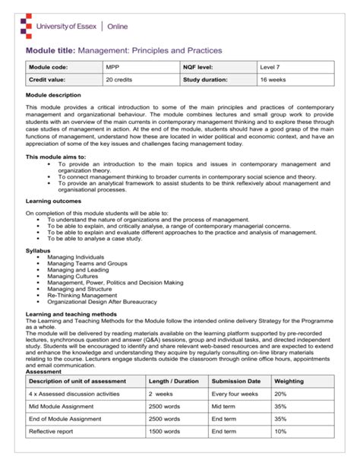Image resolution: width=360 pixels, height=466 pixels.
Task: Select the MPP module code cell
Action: pos(113,68)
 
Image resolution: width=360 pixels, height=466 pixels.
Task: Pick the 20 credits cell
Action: pos(119,79)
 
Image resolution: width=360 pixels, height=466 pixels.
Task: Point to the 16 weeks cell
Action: pos(273,79)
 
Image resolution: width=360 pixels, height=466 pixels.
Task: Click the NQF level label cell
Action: pos(201,68)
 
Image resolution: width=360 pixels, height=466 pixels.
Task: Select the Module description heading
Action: pos(53,95)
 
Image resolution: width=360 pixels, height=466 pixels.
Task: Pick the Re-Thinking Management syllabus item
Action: pos(83,294)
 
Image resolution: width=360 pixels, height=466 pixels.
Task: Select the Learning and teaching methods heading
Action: pos(74,313)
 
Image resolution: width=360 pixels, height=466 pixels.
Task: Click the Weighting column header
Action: pos(289,380)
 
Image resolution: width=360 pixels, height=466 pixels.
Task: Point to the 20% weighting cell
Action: pos(280,394)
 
